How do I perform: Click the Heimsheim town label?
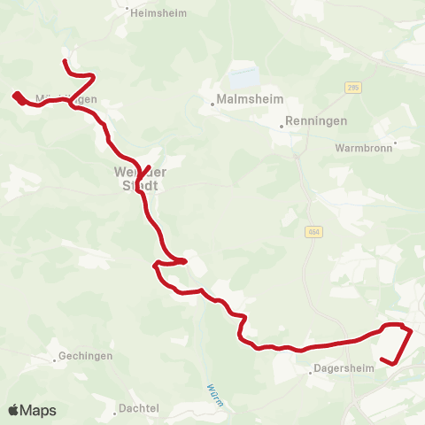pos(157,13)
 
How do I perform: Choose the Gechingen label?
pos(85,357)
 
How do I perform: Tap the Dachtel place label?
pos(140,408)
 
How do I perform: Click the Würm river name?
pos(212,393)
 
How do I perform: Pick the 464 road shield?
pos(313,231)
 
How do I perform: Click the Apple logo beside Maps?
pos(14,410)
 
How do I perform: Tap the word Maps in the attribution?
pos(38,410)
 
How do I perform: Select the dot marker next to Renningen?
pos(282,126)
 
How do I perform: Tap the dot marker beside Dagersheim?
pos(311,373)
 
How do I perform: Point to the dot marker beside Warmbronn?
pos(395,143)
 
